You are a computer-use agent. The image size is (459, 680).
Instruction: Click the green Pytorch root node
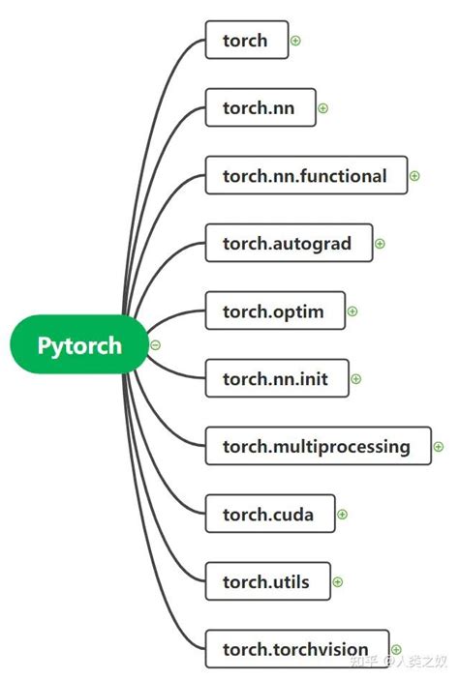click(79, 345)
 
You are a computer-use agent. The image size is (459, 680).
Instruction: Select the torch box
click(247, 41)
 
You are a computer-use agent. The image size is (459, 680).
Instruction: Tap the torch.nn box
click(260, 108)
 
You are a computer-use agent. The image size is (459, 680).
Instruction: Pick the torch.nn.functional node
click(306, 176)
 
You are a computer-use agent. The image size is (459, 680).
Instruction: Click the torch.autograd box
click(289, 244)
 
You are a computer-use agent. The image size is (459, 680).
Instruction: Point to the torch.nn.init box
click(277, 379)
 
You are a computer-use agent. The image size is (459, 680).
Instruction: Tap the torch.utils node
click(267, 581)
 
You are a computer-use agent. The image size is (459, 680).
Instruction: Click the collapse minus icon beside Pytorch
click(156, 345)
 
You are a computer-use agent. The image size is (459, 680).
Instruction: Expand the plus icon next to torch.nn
click(323, 108)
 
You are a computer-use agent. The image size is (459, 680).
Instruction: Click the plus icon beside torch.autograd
click(380, 244)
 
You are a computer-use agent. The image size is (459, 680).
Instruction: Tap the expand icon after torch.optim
click(352, 311)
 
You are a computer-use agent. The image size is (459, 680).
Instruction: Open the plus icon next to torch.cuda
click(342, 515)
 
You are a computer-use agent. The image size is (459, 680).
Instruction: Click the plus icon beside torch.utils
click(338, 582)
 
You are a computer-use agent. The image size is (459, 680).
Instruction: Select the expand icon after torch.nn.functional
click(414, 176)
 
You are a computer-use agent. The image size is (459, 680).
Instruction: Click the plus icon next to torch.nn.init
click(356, 379)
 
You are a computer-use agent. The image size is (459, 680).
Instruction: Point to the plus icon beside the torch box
click(296, 41)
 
